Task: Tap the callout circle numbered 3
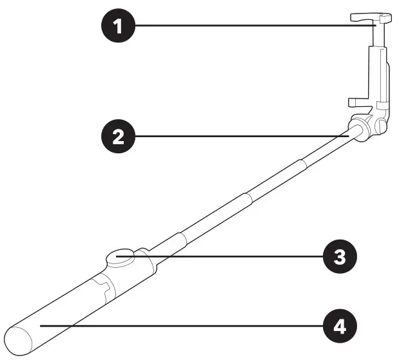tap(338, 256)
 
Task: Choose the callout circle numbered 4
tap(338, 327)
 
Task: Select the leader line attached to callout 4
tap(180, 327)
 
